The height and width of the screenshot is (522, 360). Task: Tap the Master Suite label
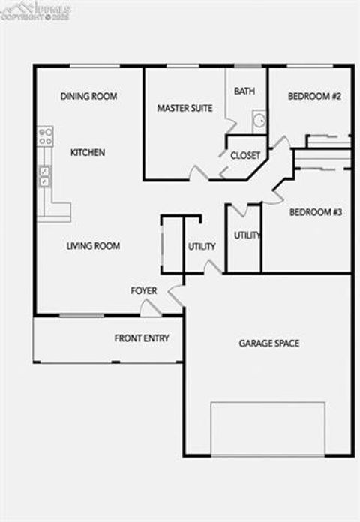[x=184, y=108]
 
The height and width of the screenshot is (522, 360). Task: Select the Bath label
[x=244, y=91]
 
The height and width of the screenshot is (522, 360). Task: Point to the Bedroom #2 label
[x=316, y=96]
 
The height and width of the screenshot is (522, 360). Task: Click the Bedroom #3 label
[x=316, y=212]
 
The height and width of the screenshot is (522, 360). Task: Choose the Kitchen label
[x=88, y=152]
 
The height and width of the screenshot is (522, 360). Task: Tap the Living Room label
[x=93, y=245]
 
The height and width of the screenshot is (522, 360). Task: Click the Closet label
[x=245, y=156]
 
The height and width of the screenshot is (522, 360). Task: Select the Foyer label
[x=144, y=290]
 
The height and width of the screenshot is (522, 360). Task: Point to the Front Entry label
[x=142, y=337]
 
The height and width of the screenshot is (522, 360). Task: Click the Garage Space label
[x=269, y=343]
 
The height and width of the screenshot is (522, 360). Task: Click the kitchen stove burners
[x=46, y=136]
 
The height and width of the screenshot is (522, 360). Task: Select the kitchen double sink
[x=45, y=176]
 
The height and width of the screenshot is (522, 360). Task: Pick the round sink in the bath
[x=259, y=120]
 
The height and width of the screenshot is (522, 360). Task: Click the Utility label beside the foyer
[x=202, y=246]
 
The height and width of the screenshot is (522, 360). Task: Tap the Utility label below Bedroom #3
[x=247, y=235]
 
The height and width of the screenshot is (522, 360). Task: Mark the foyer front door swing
[x=150, y=307]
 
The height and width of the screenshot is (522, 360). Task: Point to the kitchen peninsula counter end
[x=60, y=211]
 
